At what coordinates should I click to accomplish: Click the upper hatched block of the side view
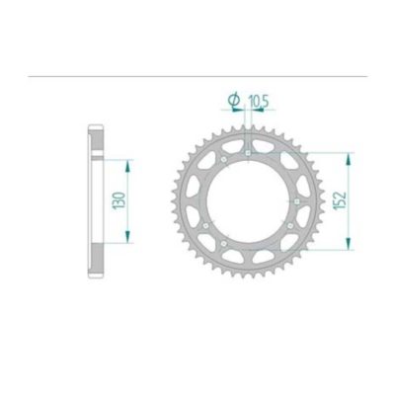point(96,142)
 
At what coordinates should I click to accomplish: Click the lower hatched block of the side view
point(96,261)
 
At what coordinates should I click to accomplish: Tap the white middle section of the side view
point(96,202)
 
